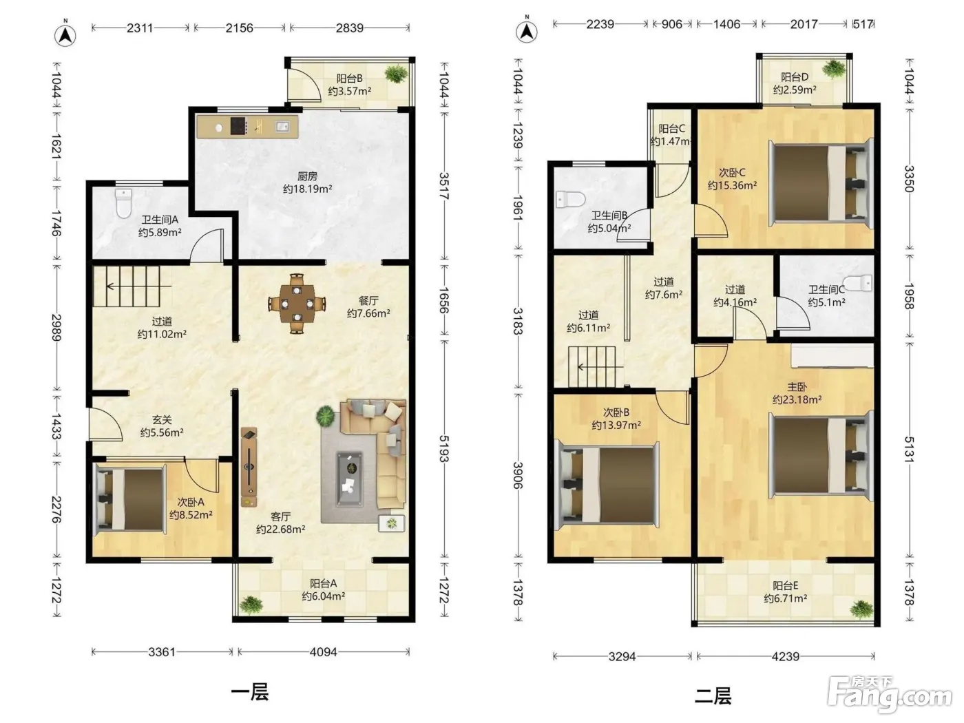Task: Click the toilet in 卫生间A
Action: tap(124, 203)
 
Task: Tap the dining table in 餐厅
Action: tap(297, 304)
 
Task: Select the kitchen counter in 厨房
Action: tap(247, 127)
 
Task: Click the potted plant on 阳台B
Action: tap(396, 74)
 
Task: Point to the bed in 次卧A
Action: tap(130, 500)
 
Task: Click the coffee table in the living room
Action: tap(350, 479)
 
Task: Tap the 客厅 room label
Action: tap(280, 516)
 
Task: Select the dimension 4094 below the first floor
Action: tap(323, 652)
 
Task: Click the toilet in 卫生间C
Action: tap(857, 283)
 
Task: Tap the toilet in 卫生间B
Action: tap(571, 199)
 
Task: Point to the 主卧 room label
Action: tap(797, 387)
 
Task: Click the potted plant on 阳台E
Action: tap(861, 610)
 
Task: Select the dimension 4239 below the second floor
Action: tap(786, 657)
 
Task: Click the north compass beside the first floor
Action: tap(65, 35)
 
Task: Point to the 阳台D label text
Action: tap(795, 77)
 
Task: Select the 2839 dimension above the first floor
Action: tap(350, 28)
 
